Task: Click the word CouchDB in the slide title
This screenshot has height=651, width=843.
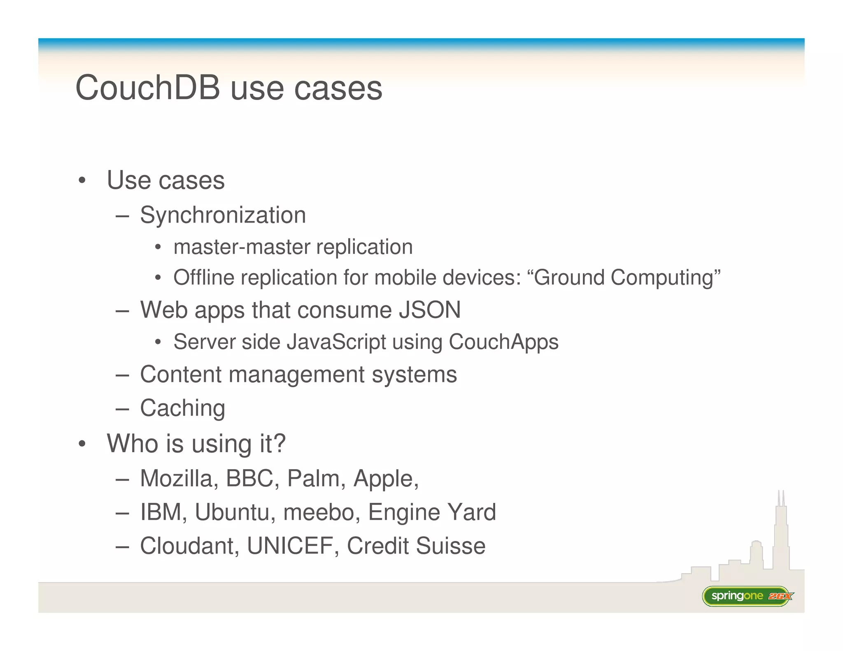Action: point(148,88)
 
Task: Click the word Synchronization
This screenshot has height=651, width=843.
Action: point(223,215)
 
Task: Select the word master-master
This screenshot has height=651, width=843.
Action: point(242,247)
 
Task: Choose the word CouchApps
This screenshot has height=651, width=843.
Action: point(503,342)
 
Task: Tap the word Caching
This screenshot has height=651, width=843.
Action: point(182,408)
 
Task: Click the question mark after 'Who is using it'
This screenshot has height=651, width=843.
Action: point(279,444)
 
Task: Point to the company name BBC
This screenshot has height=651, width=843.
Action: point(249,479)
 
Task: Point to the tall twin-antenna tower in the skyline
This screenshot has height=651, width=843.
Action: point(781,531)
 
